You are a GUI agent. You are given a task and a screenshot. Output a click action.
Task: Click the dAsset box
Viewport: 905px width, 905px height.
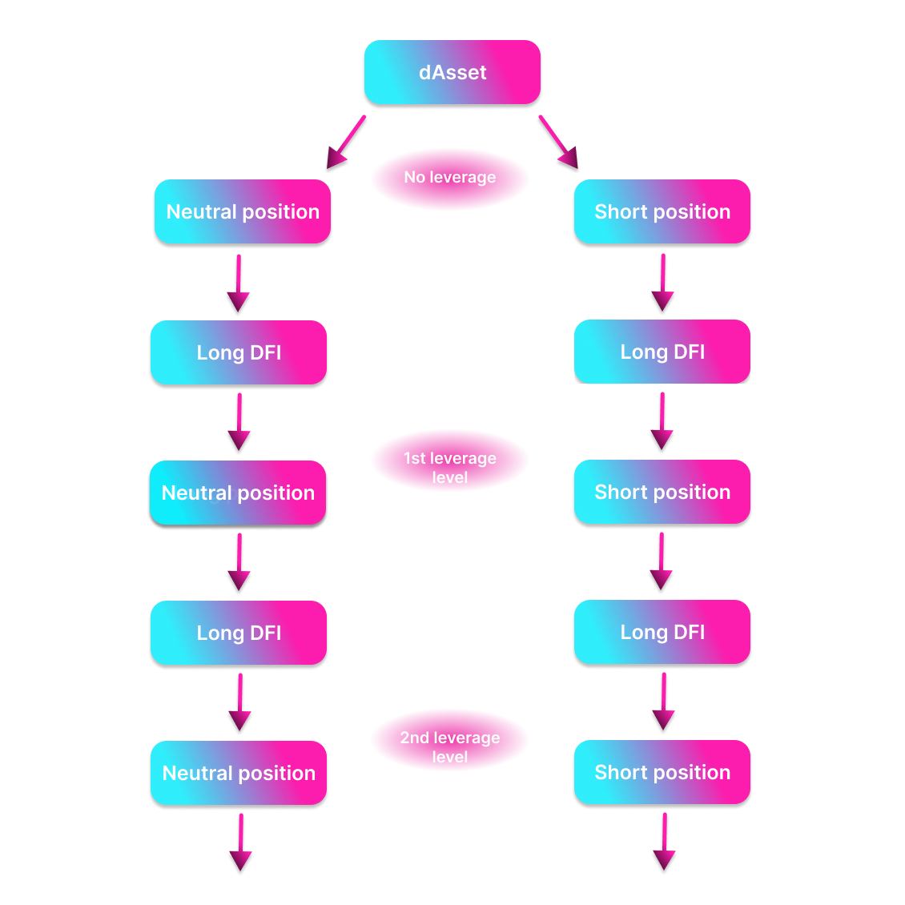click(452, 72)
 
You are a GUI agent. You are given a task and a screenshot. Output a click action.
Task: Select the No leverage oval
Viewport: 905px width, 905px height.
click(449, 179)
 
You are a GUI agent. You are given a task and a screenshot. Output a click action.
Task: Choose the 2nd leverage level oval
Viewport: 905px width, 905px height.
click(449, 741)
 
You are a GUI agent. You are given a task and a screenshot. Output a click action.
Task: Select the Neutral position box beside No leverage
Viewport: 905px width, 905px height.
click(243, 211)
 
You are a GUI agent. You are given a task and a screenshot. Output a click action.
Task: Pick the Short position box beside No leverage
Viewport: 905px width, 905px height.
click(662, 211)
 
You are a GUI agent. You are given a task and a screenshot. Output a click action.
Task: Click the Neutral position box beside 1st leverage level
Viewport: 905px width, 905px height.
click(238, 493)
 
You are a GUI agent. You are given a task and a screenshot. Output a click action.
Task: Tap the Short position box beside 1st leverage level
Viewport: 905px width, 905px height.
click(662, 492)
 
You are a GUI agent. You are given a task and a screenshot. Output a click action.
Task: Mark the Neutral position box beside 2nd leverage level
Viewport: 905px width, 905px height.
click(239, 773)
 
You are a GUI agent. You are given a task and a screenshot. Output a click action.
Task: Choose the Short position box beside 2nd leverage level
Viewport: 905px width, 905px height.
click(662, 772)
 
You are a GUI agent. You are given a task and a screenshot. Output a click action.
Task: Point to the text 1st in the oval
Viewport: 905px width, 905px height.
click(414, 458)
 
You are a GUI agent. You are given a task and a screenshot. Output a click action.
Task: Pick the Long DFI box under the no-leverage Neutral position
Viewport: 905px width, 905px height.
click(239, 352)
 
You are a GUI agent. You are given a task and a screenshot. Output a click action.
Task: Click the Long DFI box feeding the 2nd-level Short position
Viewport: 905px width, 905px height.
click(662, 632)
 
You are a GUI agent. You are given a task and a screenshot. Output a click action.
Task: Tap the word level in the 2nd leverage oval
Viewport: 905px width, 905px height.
click(449, 757)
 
